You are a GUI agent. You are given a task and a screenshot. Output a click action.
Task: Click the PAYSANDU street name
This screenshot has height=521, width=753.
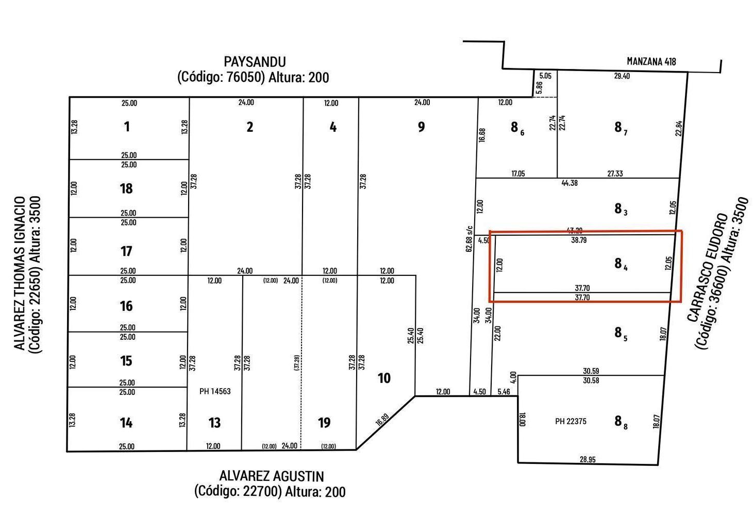point(255,62)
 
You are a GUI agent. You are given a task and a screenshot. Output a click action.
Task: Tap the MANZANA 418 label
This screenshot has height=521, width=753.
point(651,61)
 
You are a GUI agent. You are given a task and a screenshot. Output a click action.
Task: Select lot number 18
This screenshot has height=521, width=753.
point(126,188)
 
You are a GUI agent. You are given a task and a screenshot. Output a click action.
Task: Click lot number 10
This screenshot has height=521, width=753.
point(384,378)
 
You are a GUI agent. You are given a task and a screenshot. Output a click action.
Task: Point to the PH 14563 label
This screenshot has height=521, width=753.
point(215,391)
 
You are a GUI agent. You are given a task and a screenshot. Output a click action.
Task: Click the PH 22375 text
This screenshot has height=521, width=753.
point(571,421)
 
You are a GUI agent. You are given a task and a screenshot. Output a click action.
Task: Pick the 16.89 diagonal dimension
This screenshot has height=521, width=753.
point(382,420)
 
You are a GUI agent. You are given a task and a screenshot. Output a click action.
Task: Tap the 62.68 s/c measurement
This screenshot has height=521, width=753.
point(470,239)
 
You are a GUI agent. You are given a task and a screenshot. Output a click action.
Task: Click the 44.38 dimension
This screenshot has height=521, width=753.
point(570,183)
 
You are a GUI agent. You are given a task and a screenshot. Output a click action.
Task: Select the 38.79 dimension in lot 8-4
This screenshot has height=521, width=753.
point(579,240)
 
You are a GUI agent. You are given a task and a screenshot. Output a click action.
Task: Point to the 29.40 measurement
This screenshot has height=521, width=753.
point(622,76)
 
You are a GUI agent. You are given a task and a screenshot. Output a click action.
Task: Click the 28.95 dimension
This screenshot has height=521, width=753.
point(588,460)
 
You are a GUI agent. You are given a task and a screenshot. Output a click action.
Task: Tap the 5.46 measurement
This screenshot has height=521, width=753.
point(504,392)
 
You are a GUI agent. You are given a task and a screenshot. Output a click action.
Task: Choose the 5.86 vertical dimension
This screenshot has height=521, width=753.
point(539,88)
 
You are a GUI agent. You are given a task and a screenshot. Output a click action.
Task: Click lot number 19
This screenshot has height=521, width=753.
point(324,423)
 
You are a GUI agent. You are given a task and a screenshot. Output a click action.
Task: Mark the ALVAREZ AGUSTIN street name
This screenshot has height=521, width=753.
point(272,476)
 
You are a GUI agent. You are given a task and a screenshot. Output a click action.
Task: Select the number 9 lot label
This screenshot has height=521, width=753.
point(421,127)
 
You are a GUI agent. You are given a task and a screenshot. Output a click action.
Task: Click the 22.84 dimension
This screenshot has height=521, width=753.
point(679,128)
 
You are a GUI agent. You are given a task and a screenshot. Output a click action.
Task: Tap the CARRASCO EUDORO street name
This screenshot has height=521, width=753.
point(707,267)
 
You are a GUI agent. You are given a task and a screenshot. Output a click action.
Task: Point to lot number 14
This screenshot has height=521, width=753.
point(126,423)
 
